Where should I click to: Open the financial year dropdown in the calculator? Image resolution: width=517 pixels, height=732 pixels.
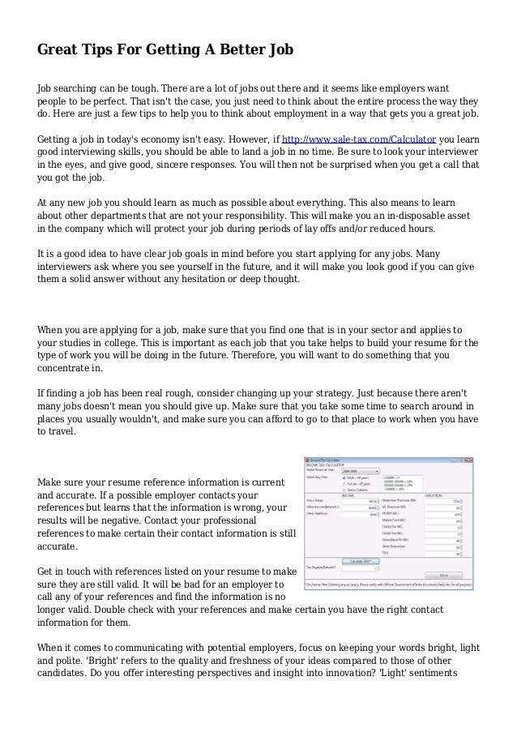pyautogui.click(x=362, y=469)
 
